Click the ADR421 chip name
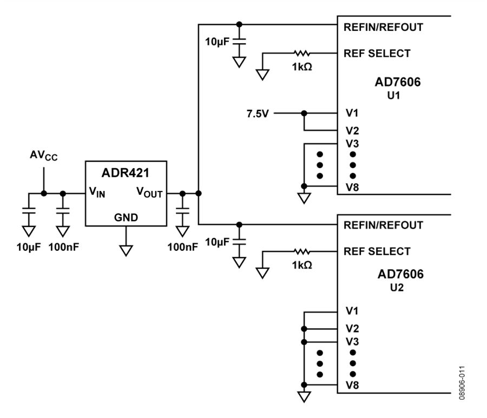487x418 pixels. pos(126,173)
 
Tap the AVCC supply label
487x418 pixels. pos(43,156)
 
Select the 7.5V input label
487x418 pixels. pos(258,114)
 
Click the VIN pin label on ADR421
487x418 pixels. pos(97,192)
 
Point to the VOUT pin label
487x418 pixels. pos(149,192)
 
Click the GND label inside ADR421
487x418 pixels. pos(126,217)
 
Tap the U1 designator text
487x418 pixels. pos(393,96)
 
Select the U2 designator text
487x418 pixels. pos(397,288)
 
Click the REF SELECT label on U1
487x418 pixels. pos(377,54)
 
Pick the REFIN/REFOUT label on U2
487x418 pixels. pos(383,225)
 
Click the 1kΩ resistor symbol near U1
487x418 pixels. pos(301,54)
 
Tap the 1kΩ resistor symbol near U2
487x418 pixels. pos(301,251)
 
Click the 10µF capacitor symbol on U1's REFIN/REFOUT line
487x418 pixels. pos(239,42)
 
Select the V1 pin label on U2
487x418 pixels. pos(352,310)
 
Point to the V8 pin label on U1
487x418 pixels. pos(352,188)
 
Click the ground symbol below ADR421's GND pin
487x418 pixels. pos(126,250)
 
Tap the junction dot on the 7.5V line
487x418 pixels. pos(304,113)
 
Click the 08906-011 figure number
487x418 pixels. pos(462,383)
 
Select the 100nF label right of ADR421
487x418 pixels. pos(183,247)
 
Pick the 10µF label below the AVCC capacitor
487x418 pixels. pos(29,247)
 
